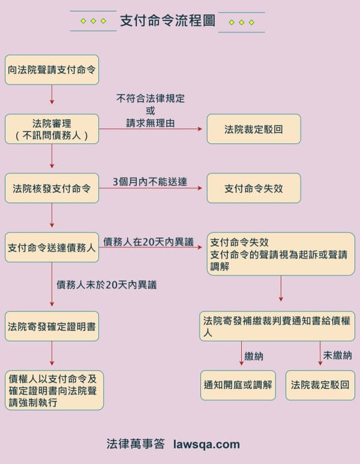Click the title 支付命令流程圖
(167, 20)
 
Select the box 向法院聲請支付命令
(52, 70)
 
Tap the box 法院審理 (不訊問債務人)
(52, 129)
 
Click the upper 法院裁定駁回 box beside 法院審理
(253, 129)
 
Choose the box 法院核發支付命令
(52, 188)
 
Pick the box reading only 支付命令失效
(253, 188)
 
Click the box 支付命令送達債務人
(52, 247)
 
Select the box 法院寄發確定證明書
(52, 327)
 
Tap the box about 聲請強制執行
(54, 390)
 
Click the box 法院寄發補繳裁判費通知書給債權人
(277, 326)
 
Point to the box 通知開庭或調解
(238, 385)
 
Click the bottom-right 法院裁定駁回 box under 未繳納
(320, 385)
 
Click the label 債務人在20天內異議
(148, 242)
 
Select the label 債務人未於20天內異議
(106, 285)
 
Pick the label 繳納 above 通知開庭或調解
(254, 356)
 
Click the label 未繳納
(337, 355)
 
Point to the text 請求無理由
(150, 122)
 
